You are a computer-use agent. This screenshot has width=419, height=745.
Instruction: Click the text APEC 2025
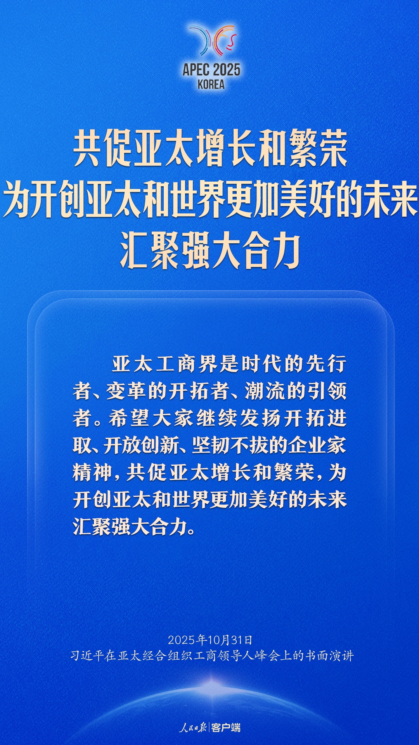click(x=211, y=70)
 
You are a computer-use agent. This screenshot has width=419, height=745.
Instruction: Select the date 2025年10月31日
click(x=210, y=640)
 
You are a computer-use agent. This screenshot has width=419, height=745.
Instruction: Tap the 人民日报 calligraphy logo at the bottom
click(x=193, y=727)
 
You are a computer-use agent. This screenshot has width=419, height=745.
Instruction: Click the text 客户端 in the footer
click(x=226, y=727)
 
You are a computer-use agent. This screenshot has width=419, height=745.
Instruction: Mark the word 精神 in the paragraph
click(x=92, y=473)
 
